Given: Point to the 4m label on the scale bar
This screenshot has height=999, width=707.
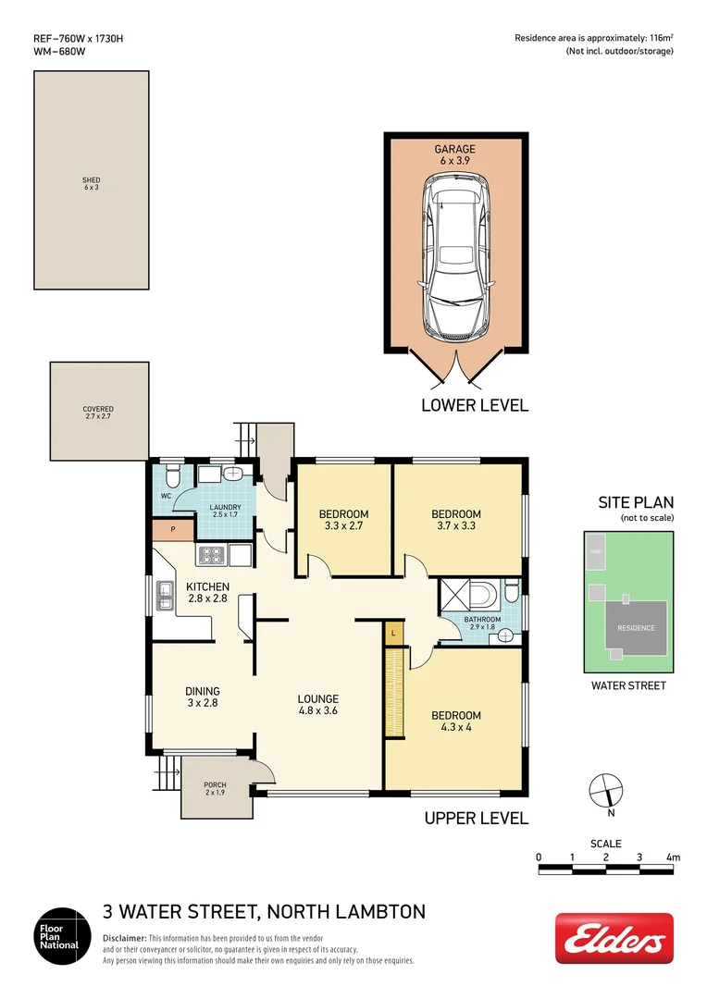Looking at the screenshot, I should point(673,857).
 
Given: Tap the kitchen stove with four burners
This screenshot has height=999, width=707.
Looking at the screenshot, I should point(211,556).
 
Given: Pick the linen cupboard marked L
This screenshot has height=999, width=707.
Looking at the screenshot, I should point(393,633).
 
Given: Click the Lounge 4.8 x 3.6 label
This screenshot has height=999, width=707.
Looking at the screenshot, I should point(317,706).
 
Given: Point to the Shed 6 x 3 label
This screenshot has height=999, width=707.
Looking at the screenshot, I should point(91,184).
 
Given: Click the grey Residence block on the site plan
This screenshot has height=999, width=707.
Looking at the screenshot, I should point(636,628).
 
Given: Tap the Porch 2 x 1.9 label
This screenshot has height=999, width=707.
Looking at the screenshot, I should point(215,789).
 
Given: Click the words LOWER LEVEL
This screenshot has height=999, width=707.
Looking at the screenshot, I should point(474,405).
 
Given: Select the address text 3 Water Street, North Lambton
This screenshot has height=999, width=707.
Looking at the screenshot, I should point(264,912).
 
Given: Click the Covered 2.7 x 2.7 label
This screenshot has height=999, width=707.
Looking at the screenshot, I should point(98,413).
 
